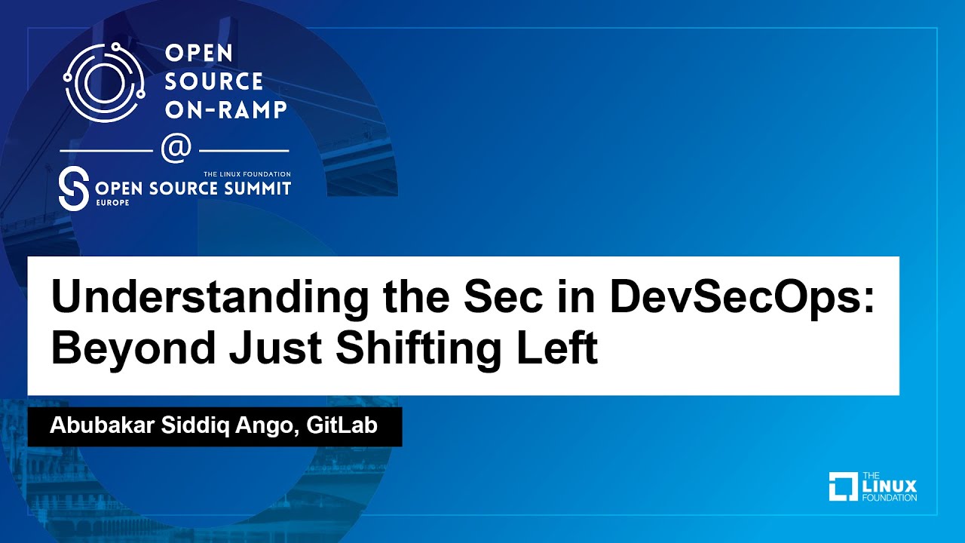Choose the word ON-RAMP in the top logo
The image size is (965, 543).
225,109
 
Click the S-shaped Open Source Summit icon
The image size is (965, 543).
72,189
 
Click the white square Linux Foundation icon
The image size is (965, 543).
843,486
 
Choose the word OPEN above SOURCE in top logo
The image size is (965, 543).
198,54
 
